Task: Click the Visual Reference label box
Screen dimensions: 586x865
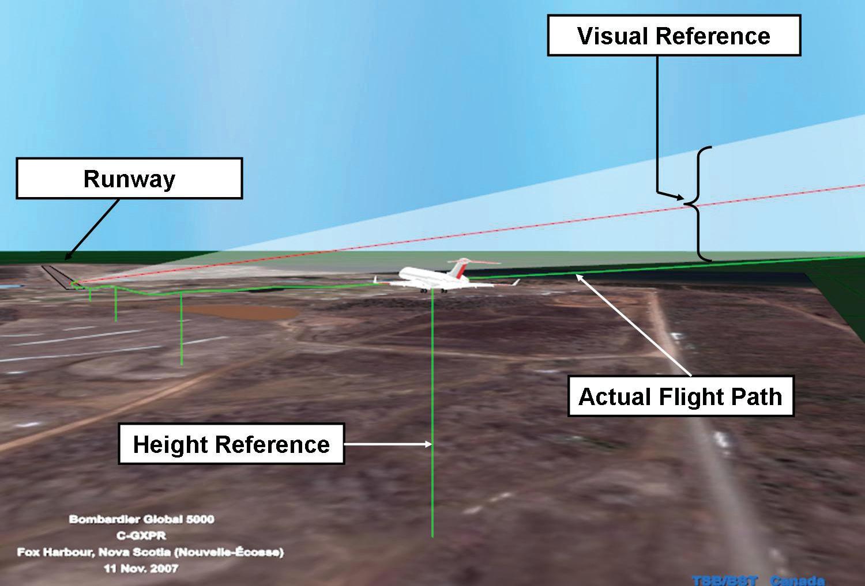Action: point(674,36)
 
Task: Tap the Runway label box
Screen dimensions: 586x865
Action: point(129,179)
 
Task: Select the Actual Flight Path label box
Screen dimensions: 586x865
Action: point(680,396)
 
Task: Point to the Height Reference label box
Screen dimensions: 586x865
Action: point(231,444)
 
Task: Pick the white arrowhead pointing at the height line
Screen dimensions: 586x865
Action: point(428,444)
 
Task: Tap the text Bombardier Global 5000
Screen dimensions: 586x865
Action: point(142,519)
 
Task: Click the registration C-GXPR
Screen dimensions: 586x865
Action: point(142,535)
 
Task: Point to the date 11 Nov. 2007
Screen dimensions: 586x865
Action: point(142,568)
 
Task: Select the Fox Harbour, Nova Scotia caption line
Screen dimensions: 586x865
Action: point(150,552)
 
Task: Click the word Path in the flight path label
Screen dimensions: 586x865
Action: point(755,397)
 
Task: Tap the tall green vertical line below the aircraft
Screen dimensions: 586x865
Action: point(432,415)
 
